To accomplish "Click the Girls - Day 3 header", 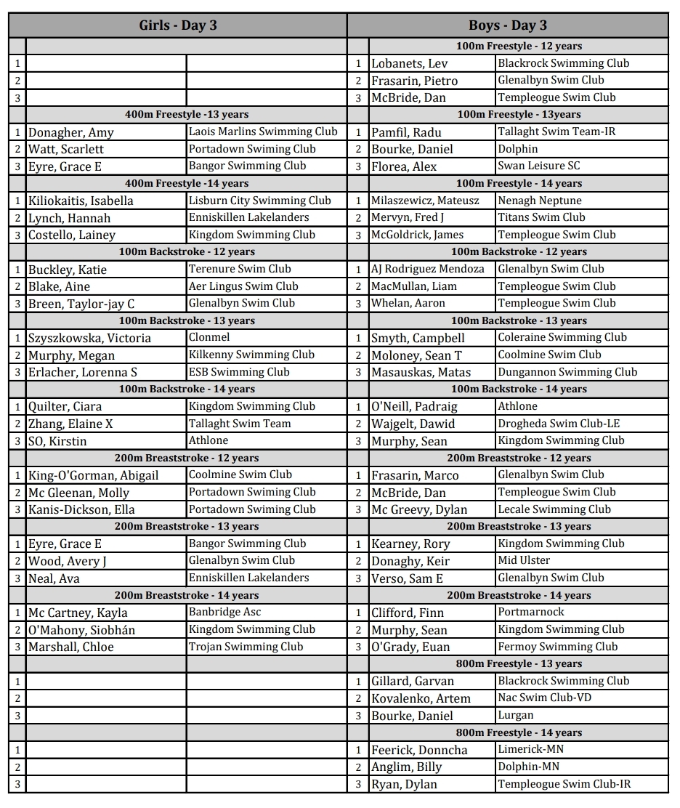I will [178, 25].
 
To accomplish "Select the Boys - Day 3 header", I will [507, 25].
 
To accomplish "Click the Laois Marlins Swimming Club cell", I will [263, 132].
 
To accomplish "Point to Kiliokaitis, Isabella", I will [81, 201].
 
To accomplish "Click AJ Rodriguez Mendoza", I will [427, 269].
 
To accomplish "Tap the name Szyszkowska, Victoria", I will [89, 338].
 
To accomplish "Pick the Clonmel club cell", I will [209, 337].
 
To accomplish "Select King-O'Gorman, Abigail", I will [93, 475].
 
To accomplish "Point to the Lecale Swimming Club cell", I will [554, 509].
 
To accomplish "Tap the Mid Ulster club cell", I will [524, 560].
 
